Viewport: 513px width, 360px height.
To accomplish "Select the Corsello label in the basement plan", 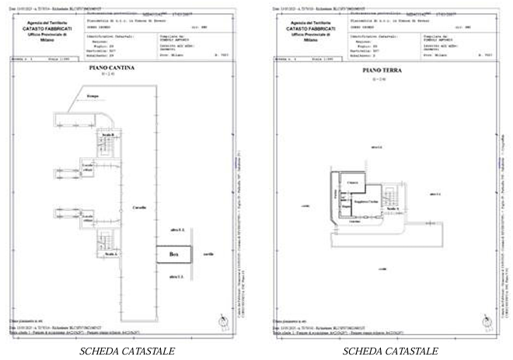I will click(x=140, y=208).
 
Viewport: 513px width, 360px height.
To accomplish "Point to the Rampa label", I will click(x=93, y=96).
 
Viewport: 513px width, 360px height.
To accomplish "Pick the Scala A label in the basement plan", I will click(x=110, y=254).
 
